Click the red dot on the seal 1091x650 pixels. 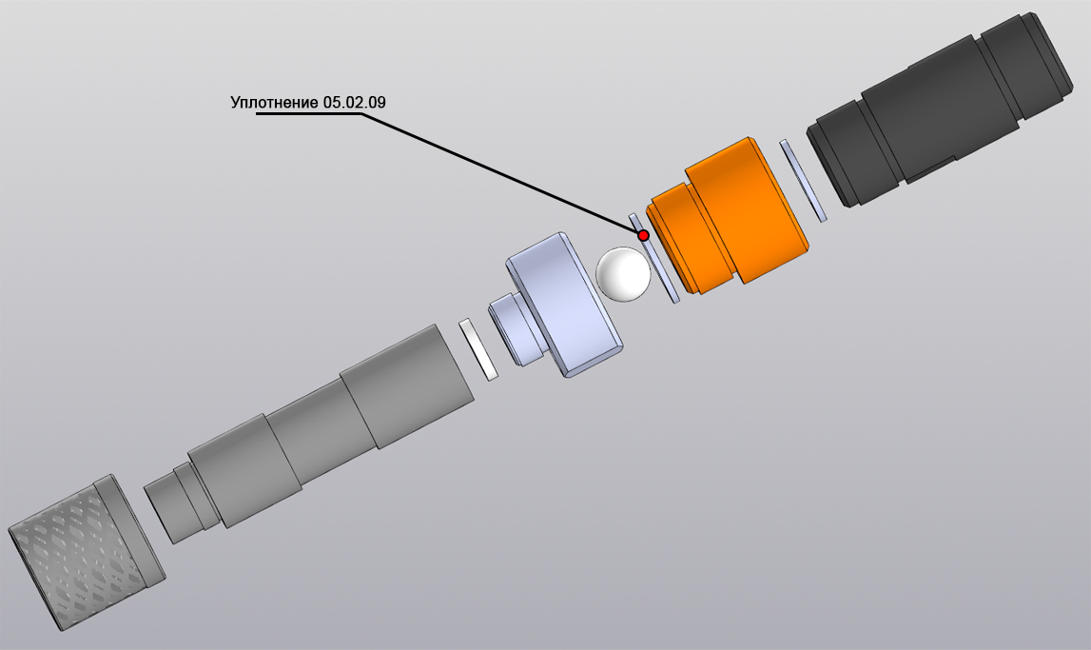[644, 235]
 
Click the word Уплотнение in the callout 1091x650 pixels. [274, 103]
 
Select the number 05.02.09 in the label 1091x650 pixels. [354, 102]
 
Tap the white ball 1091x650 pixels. [623, 274]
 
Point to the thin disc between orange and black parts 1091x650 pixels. [803, 180]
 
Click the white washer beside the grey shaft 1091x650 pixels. [478, 349]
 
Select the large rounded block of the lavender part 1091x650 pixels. [564, 305]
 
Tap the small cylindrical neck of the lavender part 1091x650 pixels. [516, 329]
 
